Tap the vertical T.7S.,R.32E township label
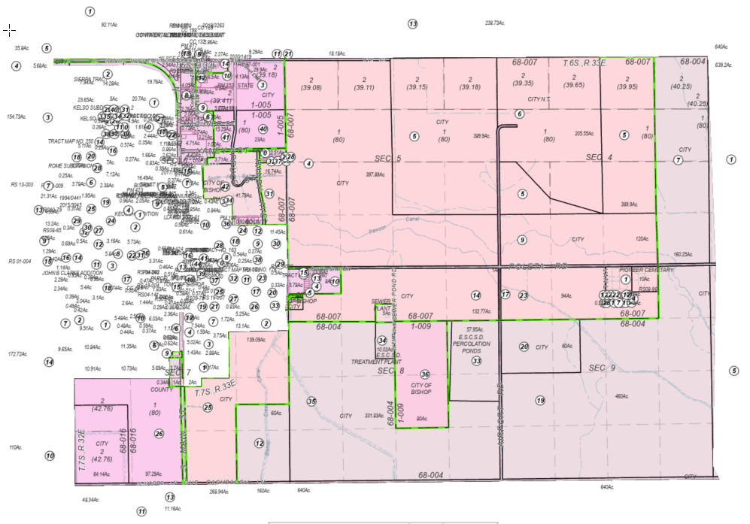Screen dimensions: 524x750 pos(80,452)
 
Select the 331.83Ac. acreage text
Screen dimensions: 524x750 pos(375,415)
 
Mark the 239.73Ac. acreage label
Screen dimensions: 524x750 pos(494,23)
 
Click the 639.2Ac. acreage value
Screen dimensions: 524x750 pos(722,65)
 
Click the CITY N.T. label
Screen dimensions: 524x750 pos(540,99)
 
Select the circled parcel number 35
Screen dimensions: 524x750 pos(311,401)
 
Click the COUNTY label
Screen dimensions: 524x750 pos(156,390)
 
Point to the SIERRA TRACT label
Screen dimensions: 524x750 pos(88,77)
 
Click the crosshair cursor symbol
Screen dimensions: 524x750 pos(9,29)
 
